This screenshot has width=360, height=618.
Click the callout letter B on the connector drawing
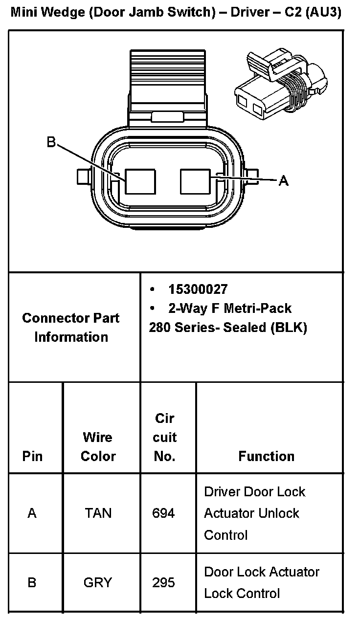tap(51, 142)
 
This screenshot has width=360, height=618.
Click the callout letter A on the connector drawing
tap(283, 181)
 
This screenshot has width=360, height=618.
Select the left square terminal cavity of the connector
tap(140, 182)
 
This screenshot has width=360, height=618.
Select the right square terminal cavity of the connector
tap(195, 182)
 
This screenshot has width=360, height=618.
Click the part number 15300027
tap(198, 289)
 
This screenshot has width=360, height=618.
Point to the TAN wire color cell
tap(98, 513)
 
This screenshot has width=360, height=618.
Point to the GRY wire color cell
tap(98, 583)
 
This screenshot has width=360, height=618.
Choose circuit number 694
tap(164, 513)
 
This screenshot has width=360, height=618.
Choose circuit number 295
tap(164, 583)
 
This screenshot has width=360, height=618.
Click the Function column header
tap(267, 456)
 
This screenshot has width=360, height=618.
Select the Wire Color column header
tap(98, 446)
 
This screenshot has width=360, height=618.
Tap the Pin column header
tap(32, 456)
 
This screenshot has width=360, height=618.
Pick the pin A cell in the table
tap(32, 513)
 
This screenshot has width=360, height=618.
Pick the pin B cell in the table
tap(32, 583)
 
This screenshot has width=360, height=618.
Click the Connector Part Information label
tap(71, 327)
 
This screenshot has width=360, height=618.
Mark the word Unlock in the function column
tap(278, 513)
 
